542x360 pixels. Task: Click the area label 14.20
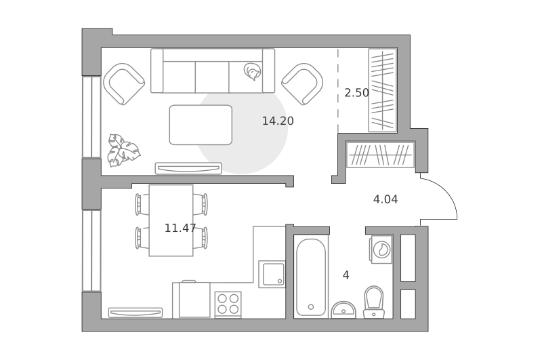[278, 121]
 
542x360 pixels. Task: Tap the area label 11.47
[180, 228]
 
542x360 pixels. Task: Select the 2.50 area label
[357, 93]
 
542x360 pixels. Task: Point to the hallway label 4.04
[385, 199]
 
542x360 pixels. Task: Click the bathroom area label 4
[346, 275]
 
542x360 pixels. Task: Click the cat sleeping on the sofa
[252, 72]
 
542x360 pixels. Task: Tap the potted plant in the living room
[123, 150]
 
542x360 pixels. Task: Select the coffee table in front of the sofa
[201, 125]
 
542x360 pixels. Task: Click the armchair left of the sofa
[124, 84]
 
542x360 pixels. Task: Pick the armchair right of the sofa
[302, 84]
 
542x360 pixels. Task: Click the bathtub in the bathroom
[311, 277]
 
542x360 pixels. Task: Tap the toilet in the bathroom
[374, 302]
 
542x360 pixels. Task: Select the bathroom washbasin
[343, 310]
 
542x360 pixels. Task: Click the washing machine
[381, 249]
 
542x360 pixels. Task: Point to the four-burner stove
[228, 304]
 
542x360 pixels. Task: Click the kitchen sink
[272, 274]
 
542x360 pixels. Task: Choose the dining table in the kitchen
[171, 220]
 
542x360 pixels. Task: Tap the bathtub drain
[311, 306]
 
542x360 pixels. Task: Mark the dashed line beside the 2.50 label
[338, 91]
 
